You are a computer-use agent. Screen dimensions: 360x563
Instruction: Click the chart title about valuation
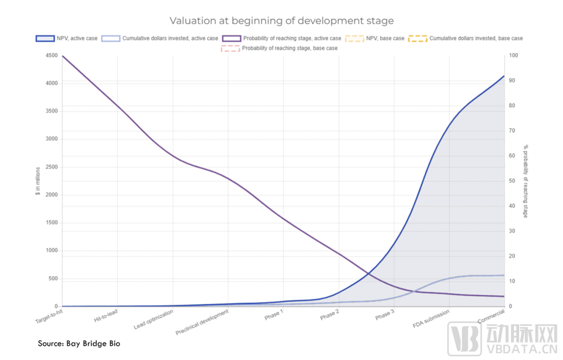(281, 21)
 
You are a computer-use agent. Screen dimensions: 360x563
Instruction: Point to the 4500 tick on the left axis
(52, 56)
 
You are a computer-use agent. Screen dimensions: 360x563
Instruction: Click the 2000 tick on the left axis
(52, 195)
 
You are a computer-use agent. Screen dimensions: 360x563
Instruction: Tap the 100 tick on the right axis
(513, 56)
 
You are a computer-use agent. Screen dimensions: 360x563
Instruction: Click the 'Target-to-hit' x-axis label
(48, 316)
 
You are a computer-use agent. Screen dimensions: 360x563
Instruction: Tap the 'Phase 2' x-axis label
(329, 315)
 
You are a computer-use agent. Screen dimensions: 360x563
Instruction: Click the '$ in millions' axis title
(38, 181)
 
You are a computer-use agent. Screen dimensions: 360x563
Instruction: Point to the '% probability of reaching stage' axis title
(526, 181)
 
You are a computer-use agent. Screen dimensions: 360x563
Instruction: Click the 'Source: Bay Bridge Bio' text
(79, 343)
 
